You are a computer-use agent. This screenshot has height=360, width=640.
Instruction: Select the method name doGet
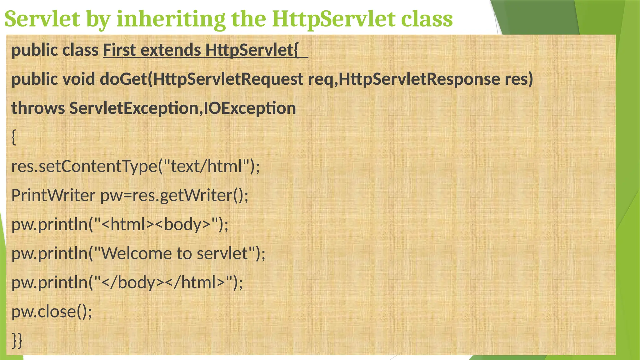pos(123,79)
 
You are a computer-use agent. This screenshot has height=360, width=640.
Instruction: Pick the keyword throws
pos(38,108)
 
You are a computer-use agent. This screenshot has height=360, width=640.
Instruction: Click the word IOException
pos(250,108)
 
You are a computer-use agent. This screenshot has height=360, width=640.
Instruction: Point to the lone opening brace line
pos(14,137)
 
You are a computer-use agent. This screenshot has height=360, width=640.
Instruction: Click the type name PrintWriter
pos(53,195)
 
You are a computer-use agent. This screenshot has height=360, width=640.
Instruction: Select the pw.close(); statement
pos(52,312)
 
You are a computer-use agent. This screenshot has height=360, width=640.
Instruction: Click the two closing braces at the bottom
pos(17,340)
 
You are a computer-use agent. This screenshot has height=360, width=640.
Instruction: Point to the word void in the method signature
pos(79,79)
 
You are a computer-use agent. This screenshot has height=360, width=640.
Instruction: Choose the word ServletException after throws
pos(134,108)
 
